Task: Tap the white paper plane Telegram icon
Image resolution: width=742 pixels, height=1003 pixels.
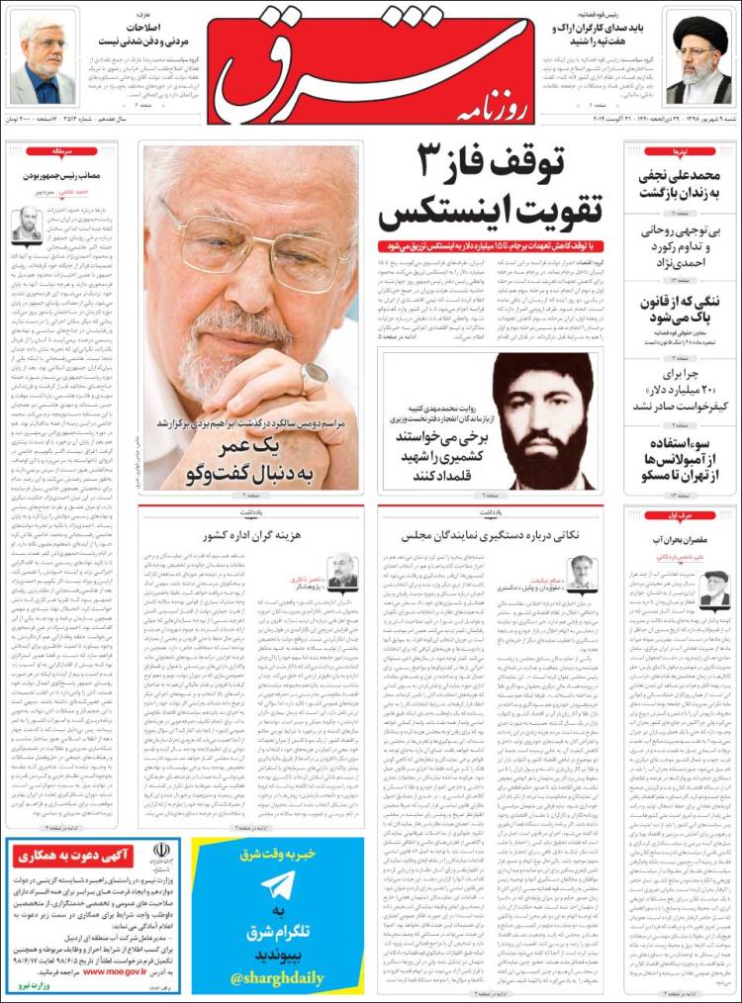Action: [277, 886]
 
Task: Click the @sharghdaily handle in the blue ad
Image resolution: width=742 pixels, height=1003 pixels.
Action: [278, 978]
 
